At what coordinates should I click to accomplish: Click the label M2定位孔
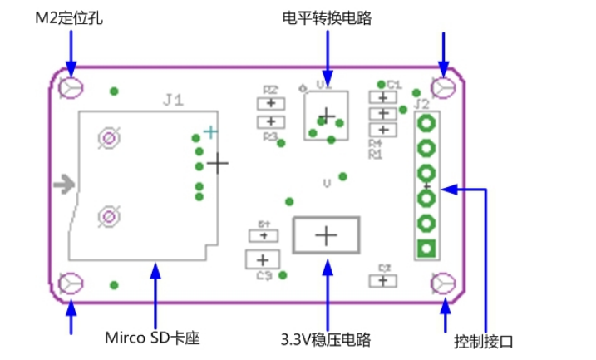pos(69,17)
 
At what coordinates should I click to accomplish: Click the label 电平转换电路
pos(327,17)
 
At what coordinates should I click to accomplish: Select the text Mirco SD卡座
pos(152,338)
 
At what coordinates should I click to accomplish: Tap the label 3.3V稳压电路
pos(326,339)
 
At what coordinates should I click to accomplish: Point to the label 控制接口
pos(484,341)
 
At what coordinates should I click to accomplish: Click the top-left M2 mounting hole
pos(71,86)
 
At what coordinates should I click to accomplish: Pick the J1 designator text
pos(173,100)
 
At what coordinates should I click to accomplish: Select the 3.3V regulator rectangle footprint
pos(326,236)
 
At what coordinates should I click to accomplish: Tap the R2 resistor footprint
pos(271,103)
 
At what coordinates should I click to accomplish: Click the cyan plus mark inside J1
pos(211,131)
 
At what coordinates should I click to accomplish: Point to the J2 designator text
pos(421,104)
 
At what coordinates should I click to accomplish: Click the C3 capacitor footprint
pos(264,259)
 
